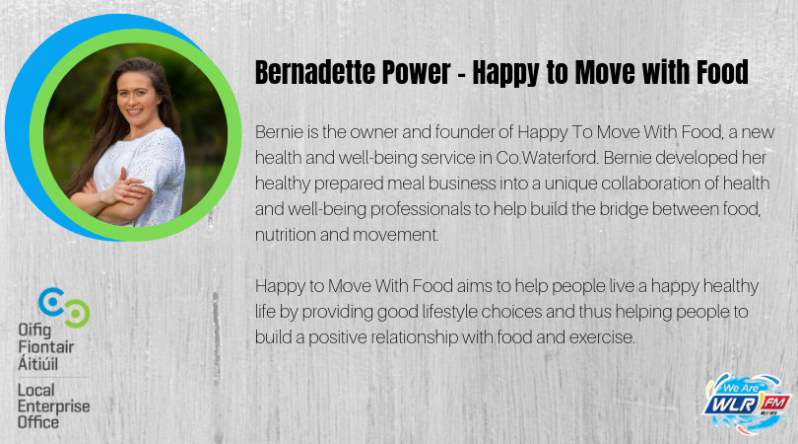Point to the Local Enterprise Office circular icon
[65, 308]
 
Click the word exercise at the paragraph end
[605, 337]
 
